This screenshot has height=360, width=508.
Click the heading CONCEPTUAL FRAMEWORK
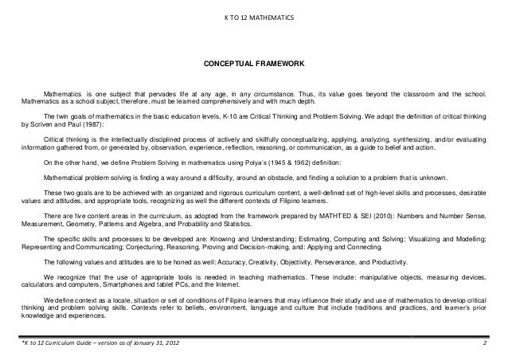[253, 61]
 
